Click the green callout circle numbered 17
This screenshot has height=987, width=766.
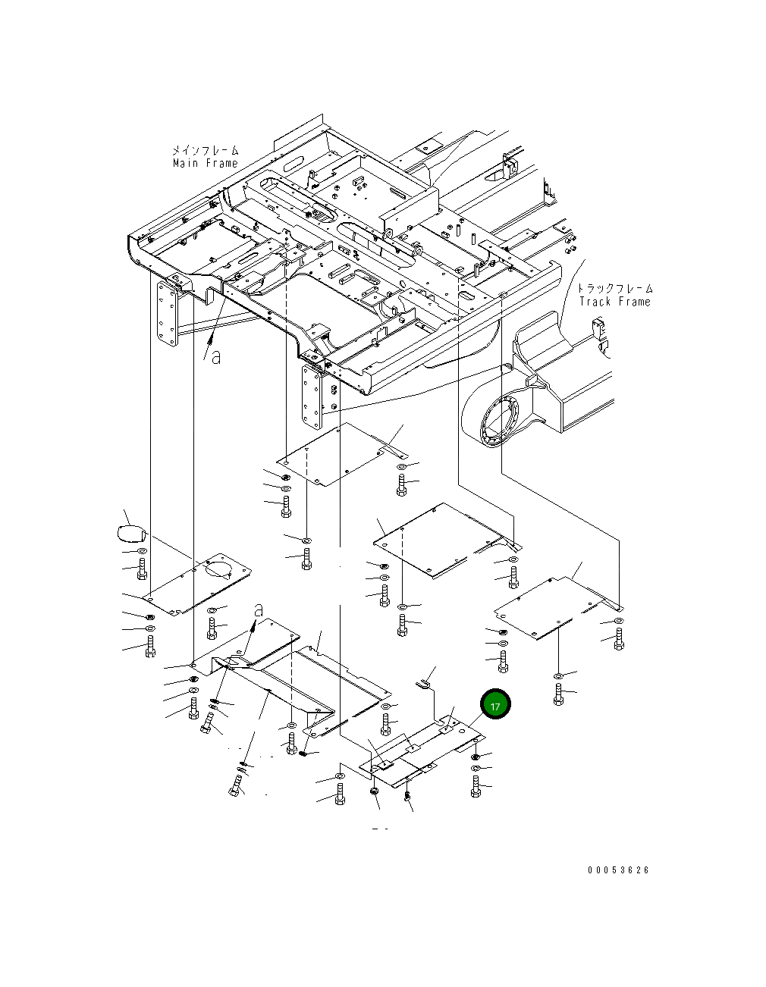495,703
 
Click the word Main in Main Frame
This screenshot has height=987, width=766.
186,163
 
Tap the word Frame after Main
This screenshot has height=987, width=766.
221,163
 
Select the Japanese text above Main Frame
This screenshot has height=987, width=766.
206,150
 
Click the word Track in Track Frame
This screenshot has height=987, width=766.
595,301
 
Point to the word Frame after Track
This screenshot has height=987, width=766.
634,301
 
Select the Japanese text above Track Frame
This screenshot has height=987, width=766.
615,288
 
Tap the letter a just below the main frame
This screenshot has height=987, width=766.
216,357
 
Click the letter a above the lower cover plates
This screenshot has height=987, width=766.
259,610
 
